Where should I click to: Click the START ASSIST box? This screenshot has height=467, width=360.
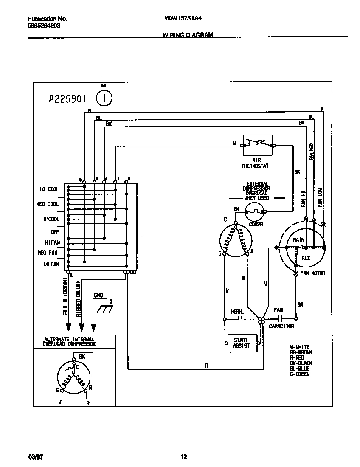point(241,343)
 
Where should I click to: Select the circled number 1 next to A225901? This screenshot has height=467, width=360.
point(104,98)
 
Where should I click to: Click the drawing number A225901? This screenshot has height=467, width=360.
point(68,99)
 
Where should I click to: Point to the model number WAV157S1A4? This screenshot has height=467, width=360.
point(180,19)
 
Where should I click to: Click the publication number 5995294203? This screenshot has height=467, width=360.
point(44,25)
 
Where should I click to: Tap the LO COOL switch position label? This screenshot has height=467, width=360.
point(50,189)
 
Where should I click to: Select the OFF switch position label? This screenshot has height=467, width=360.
point(55,232)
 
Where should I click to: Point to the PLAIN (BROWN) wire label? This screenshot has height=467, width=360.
point(66,297)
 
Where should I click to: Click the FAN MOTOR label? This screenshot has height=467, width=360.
point(312,273)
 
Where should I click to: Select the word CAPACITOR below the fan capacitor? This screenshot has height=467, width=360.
point(281,326)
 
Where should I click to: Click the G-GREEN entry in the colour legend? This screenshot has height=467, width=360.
point(300,374)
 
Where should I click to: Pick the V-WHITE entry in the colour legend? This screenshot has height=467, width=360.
point(300,347)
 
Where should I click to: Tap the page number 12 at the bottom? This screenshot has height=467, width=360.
point(183,457)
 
